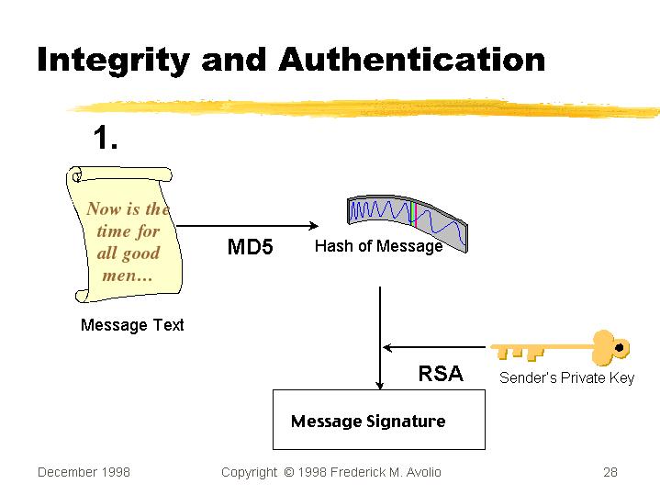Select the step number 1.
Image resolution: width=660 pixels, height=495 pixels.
[106, 139]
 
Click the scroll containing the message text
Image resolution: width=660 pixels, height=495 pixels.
[124, 233]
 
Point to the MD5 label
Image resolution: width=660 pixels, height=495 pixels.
[250, 247]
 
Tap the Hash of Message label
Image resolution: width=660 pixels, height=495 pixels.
[378, 246]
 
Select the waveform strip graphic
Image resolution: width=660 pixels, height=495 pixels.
[408, 217]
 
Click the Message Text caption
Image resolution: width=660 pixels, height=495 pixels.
[132, 325]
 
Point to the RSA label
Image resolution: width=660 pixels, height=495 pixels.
[441, 374]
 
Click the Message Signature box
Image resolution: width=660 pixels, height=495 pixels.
[378, 420]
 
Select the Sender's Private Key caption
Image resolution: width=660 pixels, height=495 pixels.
[566, 377]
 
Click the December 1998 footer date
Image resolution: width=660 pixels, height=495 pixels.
[84, 472]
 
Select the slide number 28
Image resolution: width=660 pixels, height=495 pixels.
[610, 472]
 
